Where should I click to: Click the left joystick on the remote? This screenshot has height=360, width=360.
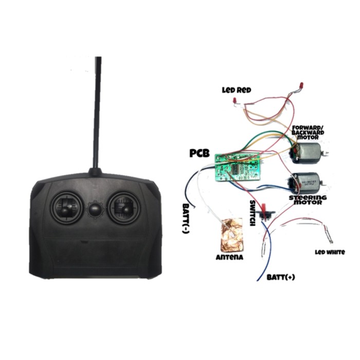[66, 208]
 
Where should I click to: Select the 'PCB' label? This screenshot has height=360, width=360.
[200, 153]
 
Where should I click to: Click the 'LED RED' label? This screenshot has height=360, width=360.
[236, 90]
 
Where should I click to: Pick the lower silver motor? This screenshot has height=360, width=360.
[303, 183]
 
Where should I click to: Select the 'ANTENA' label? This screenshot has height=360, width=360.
[230, 256]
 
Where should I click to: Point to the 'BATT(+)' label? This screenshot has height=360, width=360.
[281, 277]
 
